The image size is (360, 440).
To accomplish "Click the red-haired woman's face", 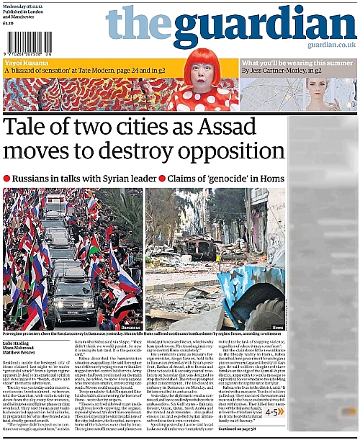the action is point(202,74).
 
